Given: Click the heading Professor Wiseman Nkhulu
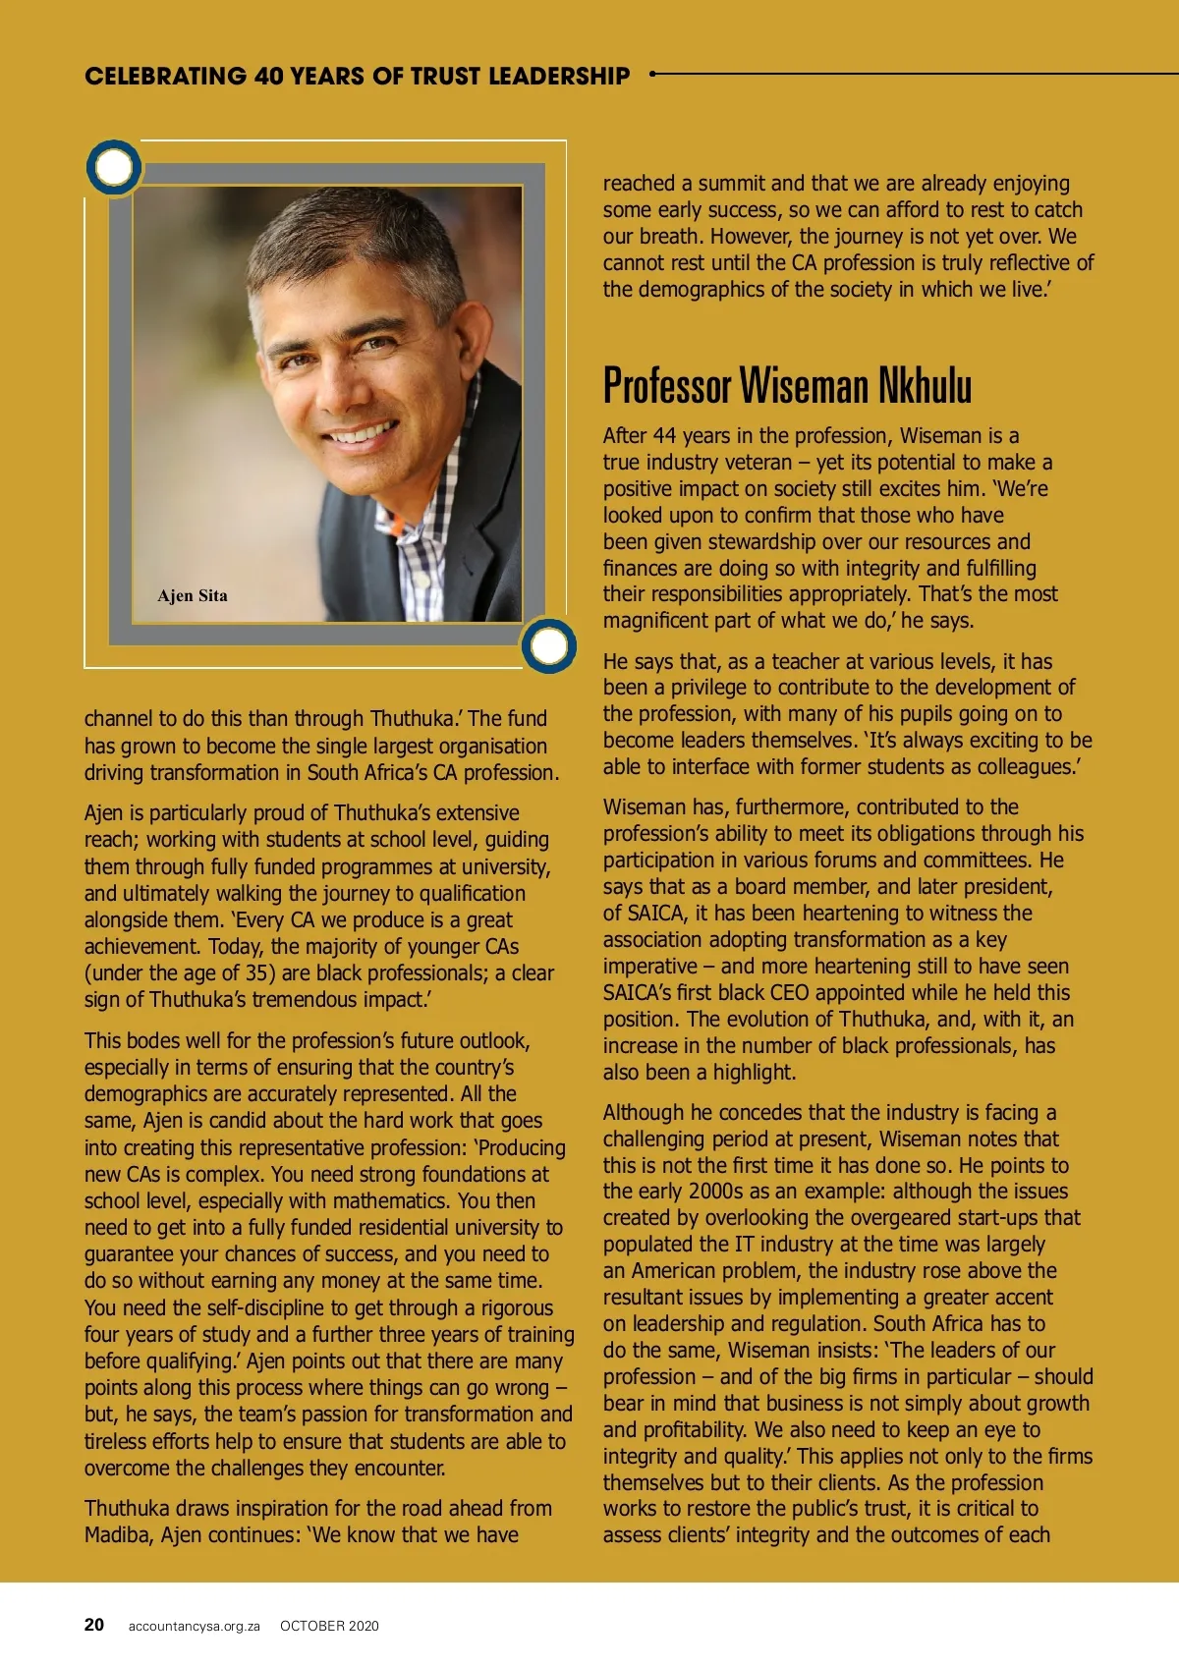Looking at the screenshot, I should click(787, 385).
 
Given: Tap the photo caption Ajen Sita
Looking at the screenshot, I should click(193, 595).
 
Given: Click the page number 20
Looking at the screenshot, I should click(94, 1625).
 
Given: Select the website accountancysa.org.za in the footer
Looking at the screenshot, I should click(194, 1626).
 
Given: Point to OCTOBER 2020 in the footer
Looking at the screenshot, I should click(329, 1626).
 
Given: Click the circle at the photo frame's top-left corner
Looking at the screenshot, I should click(114, 167).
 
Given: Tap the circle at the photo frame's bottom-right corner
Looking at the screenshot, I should click(548, 645).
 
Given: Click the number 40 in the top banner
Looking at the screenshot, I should click(268, 76).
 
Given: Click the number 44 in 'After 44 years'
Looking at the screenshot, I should click(664, 435).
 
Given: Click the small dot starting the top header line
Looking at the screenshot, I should click(652, 74).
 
